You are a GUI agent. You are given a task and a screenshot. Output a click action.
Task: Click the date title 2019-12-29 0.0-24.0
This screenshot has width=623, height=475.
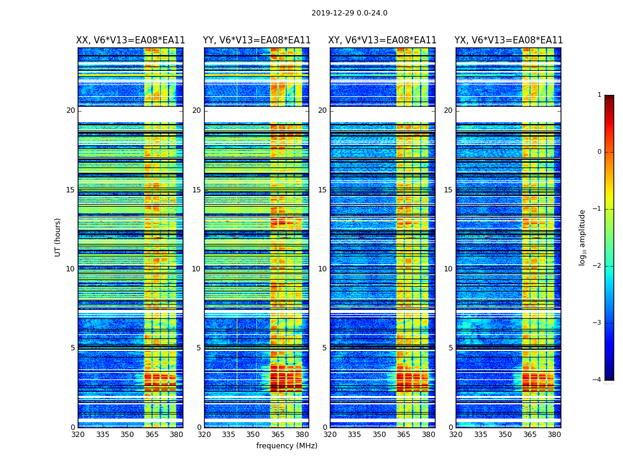(349, 13)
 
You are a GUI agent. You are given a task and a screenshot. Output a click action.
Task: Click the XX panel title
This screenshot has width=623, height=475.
(131, 40)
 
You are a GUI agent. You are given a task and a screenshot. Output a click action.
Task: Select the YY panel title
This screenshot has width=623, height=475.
(256, 40)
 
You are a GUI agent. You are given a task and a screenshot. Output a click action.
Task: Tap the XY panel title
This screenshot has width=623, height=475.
(383, 40)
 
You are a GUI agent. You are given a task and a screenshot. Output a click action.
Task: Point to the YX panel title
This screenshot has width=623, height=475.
(508, 40)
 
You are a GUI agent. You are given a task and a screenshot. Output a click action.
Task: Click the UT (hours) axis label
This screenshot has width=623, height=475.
(58, 237)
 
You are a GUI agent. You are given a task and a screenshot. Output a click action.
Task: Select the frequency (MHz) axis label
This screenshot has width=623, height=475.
(287, 446)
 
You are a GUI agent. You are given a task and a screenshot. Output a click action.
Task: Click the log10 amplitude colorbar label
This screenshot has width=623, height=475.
(583, 237)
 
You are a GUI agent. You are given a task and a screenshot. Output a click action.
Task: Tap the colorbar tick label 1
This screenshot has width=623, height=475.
(599, 95)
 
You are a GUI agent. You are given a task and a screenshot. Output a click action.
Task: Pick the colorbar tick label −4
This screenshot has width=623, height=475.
(597, 380)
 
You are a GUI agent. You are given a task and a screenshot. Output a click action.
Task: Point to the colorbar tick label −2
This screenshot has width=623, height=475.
(597, 266)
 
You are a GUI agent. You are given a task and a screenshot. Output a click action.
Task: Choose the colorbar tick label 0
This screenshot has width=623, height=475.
(599, 152)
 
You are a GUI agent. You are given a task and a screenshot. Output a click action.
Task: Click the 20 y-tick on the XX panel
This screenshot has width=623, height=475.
(71, 110)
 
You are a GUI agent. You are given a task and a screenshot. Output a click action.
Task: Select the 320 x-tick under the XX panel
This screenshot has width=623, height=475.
(78, 435)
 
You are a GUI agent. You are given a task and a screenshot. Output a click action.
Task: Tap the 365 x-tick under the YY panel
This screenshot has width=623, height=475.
(278, 435)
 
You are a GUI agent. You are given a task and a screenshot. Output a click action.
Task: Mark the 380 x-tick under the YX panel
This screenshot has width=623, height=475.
(554, 435)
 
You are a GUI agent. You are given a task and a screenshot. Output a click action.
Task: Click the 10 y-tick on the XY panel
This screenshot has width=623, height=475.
(322, 269)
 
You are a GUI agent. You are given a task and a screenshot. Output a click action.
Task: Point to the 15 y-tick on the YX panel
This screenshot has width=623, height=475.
(448, 190)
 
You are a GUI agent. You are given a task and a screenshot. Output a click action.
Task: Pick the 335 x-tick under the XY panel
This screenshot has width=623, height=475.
(354, 435)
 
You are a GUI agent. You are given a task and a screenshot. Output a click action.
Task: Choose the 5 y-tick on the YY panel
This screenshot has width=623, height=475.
(198, 348)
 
